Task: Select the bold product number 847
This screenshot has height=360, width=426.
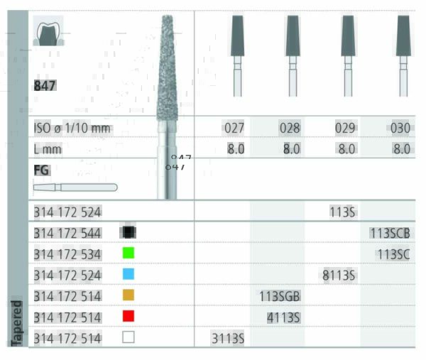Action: tap(45, 86)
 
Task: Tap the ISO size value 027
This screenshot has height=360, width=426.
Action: tap(234, 129)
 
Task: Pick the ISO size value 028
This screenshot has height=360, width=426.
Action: tap(290, 129)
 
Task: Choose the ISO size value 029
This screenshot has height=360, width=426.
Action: tap(345, 129)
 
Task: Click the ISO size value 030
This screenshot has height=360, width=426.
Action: tap(400, 129)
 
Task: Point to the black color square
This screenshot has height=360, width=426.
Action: tap(129, 231)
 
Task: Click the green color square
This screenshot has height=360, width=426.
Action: tap(129, 253)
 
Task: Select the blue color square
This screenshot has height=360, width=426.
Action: tap(129, 274)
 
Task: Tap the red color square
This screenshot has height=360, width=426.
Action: tap(129, 317)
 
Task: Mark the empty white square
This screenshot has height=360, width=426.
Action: tap(129, 338)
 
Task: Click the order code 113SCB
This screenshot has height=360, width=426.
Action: tap(389, 232)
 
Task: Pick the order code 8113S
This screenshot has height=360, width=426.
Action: tap(339, 275)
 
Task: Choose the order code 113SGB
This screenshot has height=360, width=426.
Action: tap(279, 296)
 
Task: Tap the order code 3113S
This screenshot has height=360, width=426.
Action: tap(227, 339)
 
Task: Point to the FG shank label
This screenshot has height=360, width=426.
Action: tap(41, 170)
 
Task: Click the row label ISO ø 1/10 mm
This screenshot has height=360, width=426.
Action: tap(72, 129)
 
